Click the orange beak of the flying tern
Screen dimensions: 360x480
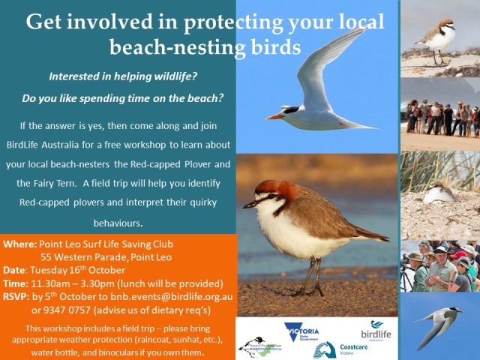click(x=274, y=116)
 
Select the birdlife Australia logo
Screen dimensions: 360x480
click(x=376, y=329)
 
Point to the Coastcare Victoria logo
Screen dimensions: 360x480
click(x=337, y=349)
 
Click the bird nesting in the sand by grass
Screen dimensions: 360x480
click(x=439, y=193)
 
